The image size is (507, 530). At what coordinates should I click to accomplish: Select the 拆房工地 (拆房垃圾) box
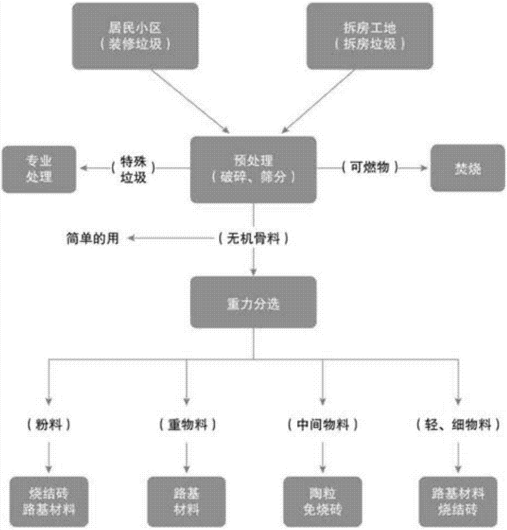coord(370,36)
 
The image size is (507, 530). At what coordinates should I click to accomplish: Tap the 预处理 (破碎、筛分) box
coord(253,169)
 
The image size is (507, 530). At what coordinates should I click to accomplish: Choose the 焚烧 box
coord(467,168)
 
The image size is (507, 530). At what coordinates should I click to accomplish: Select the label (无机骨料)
coord(253,239)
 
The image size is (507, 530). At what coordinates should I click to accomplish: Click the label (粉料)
coord(48,424)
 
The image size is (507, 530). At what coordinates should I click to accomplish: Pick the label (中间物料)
coord(322,424)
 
